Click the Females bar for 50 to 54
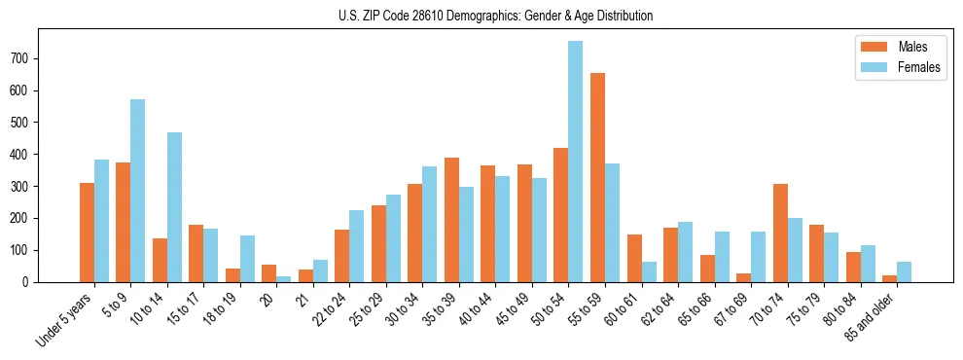click(576, 162)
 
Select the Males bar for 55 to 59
click(597, 177)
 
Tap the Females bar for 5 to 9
click(138, 191)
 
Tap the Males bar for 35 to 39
click(451, 220)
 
